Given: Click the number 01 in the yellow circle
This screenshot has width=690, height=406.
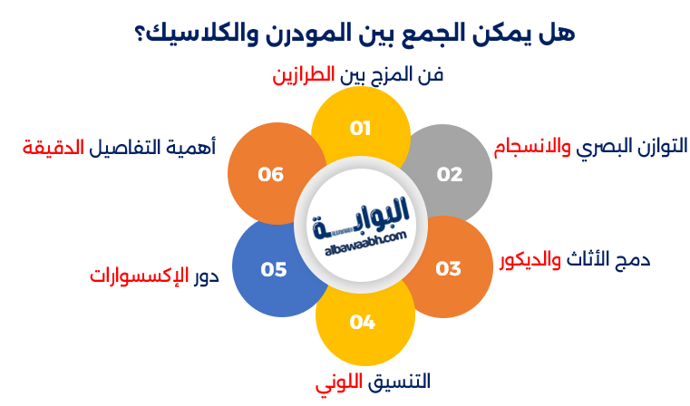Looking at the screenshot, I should coord(361,129).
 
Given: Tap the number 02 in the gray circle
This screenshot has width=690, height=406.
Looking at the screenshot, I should coord(450,174).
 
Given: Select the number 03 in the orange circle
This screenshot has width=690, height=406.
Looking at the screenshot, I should coord(448,269).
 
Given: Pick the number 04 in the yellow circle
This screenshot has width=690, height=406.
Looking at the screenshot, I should coord(362,322).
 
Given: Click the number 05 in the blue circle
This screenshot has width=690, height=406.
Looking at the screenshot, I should coord(273,269).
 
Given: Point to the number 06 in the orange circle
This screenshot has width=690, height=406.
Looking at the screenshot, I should coord(271,174).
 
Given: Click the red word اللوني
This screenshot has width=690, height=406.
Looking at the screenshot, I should coord(338,382).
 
